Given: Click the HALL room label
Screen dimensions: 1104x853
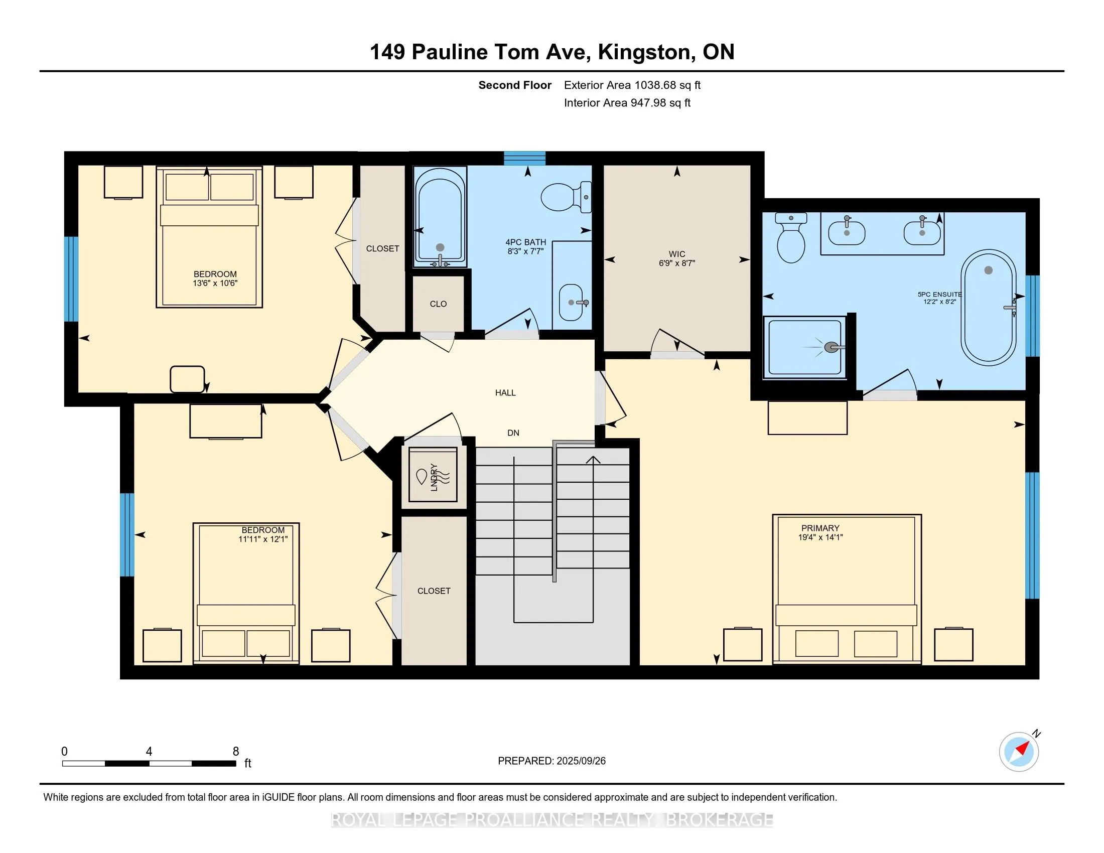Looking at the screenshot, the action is [505, 393].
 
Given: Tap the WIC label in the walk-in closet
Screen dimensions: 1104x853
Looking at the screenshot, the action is [677, 254].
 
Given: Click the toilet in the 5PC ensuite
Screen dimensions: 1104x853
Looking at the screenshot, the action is [791, 237].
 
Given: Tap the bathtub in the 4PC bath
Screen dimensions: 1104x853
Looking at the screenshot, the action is [439, 217].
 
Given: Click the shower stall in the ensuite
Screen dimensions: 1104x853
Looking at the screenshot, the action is [805, 348].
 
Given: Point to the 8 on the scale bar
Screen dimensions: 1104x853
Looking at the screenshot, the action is [235, 751].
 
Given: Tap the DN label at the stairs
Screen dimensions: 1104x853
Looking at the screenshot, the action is [513, 433].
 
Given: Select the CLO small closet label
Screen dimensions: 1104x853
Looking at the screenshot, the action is [438, 304].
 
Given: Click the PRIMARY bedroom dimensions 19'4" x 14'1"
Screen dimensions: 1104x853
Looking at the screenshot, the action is [820, 537].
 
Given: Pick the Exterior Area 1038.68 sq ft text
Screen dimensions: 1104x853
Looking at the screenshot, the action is [632, 85].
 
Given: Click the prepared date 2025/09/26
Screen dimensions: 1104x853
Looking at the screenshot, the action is [581, 761].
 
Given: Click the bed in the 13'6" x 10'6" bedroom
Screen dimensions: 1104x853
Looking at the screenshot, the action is [209, 236].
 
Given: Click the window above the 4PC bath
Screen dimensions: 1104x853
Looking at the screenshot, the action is [525, 158].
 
